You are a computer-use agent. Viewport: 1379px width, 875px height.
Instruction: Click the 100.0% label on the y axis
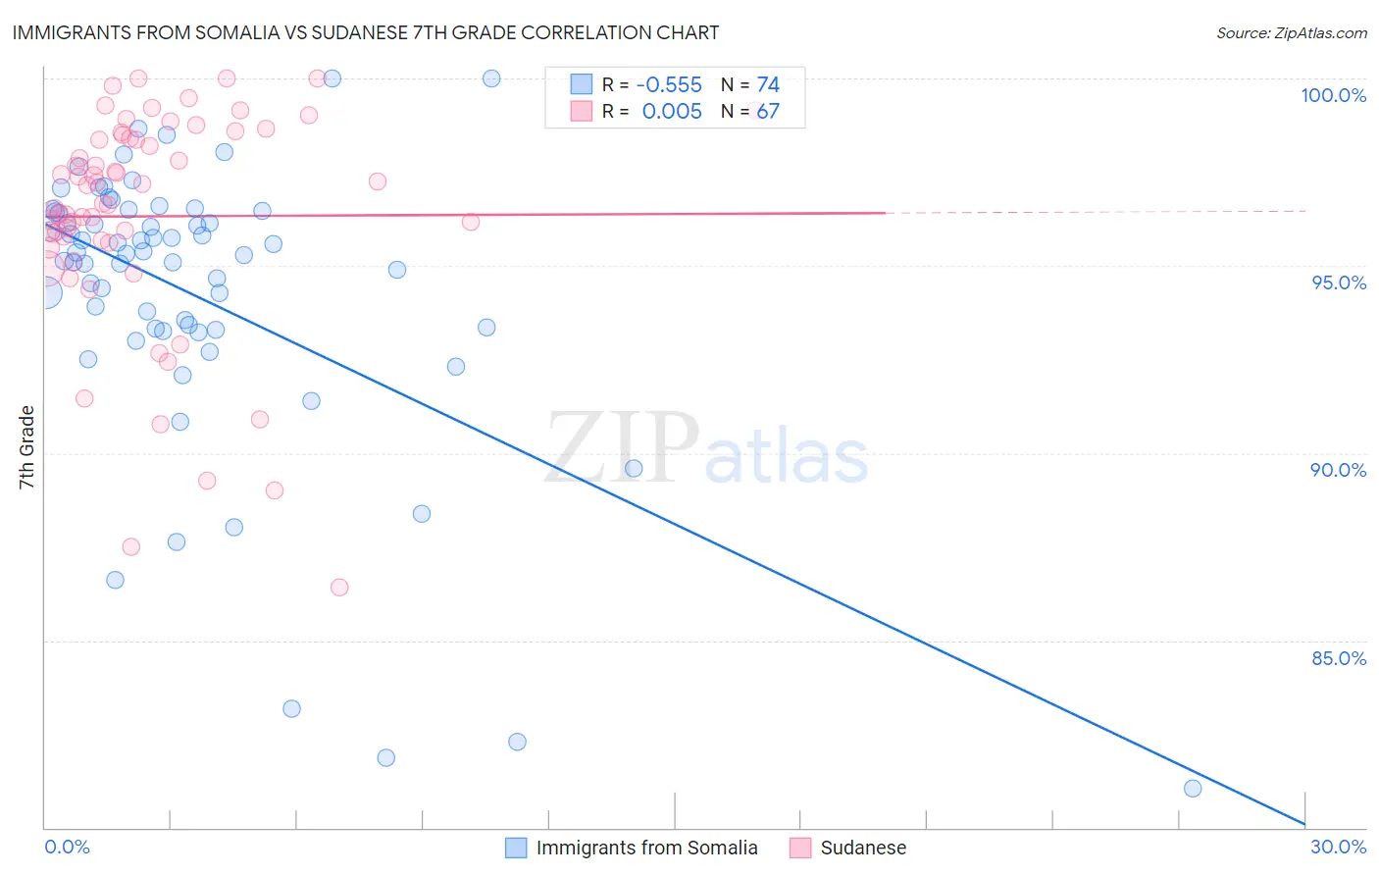(1333, 95)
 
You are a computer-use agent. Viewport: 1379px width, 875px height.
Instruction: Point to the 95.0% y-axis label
(1339, 283)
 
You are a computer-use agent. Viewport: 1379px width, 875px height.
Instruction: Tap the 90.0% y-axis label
(1338, 470)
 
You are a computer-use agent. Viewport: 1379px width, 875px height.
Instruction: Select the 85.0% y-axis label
(1339, 658)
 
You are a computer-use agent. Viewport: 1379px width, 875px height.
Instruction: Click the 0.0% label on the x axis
(67, 847)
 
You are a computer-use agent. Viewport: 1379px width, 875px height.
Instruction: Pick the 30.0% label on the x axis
(1338, 847)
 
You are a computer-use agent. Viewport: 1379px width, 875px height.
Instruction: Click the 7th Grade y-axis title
(26, 447)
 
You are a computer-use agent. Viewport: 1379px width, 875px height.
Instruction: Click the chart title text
(365, 32)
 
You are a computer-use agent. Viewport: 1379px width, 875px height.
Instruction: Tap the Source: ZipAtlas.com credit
(1291, 32)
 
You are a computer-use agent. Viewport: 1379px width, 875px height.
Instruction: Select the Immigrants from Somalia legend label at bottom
(646, 848)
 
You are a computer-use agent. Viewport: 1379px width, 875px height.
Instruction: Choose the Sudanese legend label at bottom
(863, 848)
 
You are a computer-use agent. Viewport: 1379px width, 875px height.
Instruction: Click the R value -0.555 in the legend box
(669, 85)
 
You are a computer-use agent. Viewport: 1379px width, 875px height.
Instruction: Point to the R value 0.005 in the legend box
(672, 112)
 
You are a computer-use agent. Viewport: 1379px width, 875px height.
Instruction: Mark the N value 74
(768, 85)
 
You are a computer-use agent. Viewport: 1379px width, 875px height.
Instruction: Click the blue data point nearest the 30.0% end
(1193, 789)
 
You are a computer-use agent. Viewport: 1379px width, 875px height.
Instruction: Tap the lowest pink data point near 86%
(339, 588)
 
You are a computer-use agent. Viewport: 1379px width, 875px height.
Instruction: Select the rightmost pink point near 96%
(471, 222)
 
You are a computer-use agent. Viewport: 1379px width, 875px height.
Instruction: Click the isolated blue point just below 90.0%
(634, 469)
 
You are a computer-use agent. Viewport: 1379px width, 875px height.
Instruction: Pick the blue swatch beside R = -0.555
(582, 84)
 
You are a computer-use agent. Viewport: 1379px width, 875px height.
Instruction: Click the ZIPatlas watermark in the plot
(706, 449)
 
